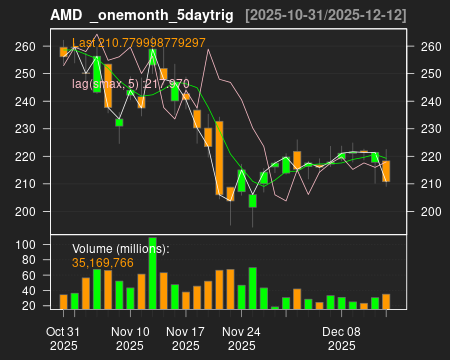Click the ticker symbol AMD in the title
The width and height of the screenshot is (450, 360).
pos(65,15)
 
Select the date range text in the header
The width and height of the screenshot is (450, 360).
pos(326,15)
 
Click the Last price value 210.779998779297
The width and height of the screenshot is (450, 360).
pos(139,43)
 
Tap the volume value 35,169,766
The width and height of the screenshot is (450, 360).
pos(103,262)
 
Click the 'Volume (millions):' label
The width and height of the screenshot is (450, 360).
pos(121,249)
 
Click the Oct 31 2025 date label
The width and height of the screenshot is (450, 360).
pos(63,338)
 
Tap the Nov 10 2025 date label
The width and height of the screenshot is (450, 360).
pos(130,338)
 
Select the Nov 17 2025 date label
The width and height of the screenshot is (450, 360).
pos(185,338)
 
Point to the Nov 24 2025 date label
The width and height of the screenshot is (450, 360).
pos(241,338)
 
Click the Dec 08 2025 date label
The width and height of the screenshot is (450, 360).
pos(342,338)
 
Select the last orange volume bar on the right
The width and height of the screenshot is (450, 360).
pos(386,301)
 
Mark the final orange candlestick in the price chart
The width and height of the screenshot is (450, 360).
pos(386,171)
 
